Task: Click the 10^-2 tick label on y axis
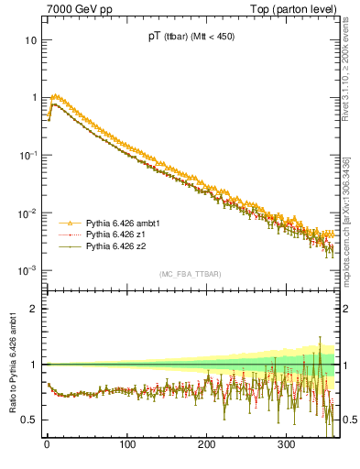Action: click(x=28, y=213)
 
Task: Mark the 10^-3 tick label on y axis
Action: click(x=28, y=270)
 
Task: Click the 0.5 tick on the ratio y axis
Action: click(x=29, y=420)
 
